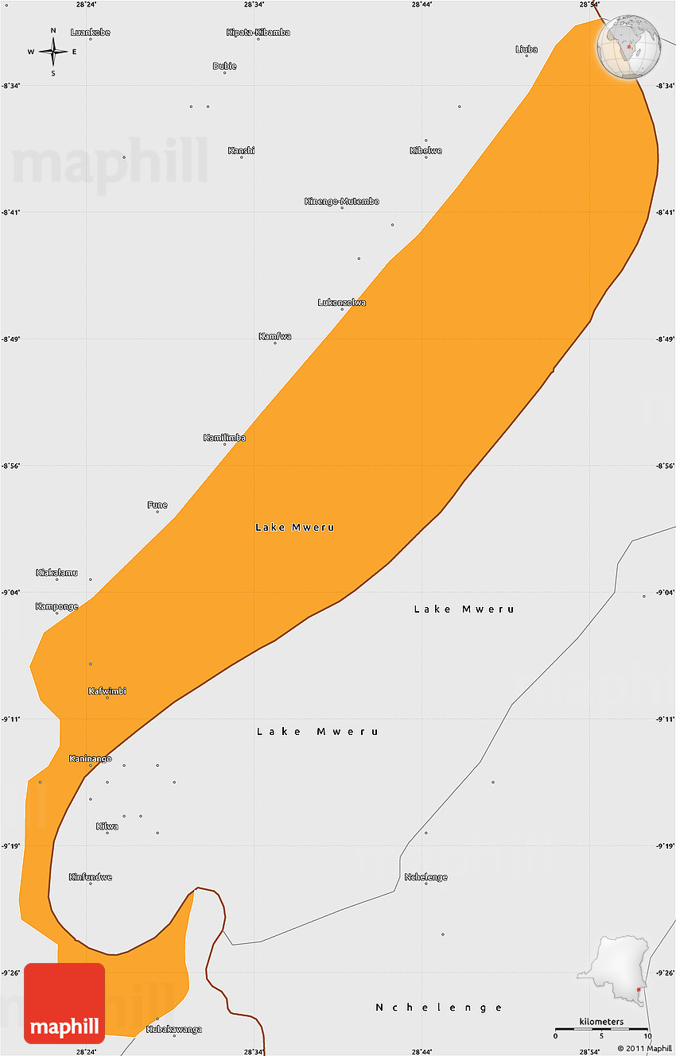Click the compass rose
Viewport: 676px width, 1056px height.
tap(53, 52)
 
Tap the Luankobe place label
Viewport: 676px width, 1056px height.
tap(90, 33)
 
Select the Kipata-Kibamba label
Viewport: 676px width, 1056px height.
tap(258, 33)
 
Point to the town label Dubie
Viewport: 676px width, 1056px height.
tap(224, 66)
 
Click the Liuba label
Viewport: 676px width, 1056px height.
tap(526, 49)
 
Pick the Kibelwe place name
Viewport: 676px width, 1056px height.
tap(425, 150)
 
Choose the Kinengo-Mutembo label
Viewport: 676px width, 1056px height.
tap(342, 201)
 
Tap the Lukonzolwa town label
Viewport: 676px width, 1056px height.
tap(342, 302)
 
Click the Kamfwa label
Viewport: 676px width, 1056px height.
tap(275, 336)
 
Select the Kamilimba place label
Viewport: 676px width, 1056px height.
tap(224, 438)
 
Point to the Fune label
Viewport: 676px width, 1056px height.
tap(157, 505)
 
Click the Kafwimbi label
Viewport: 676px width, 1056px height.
tap(107, 691)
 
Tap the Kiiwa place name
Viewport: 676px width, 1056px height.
tap(107, 826)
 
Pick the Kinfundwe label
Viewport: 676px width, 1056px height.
tap(90, 877)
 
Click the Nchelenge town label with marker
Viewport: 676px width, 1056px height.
tap(425, 877)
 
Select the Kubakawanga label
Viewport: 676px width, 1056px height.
tap(174, 1029)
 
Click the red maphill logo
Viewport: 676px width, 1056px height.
tap(64, 1003)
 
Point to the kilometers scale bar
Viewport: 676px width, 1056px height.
tap(601, 1031)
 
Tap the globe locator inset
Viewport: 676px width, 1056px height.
tap(630, 48)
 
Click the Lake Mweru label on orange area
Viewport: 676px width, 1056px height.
tap(295, 528)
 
